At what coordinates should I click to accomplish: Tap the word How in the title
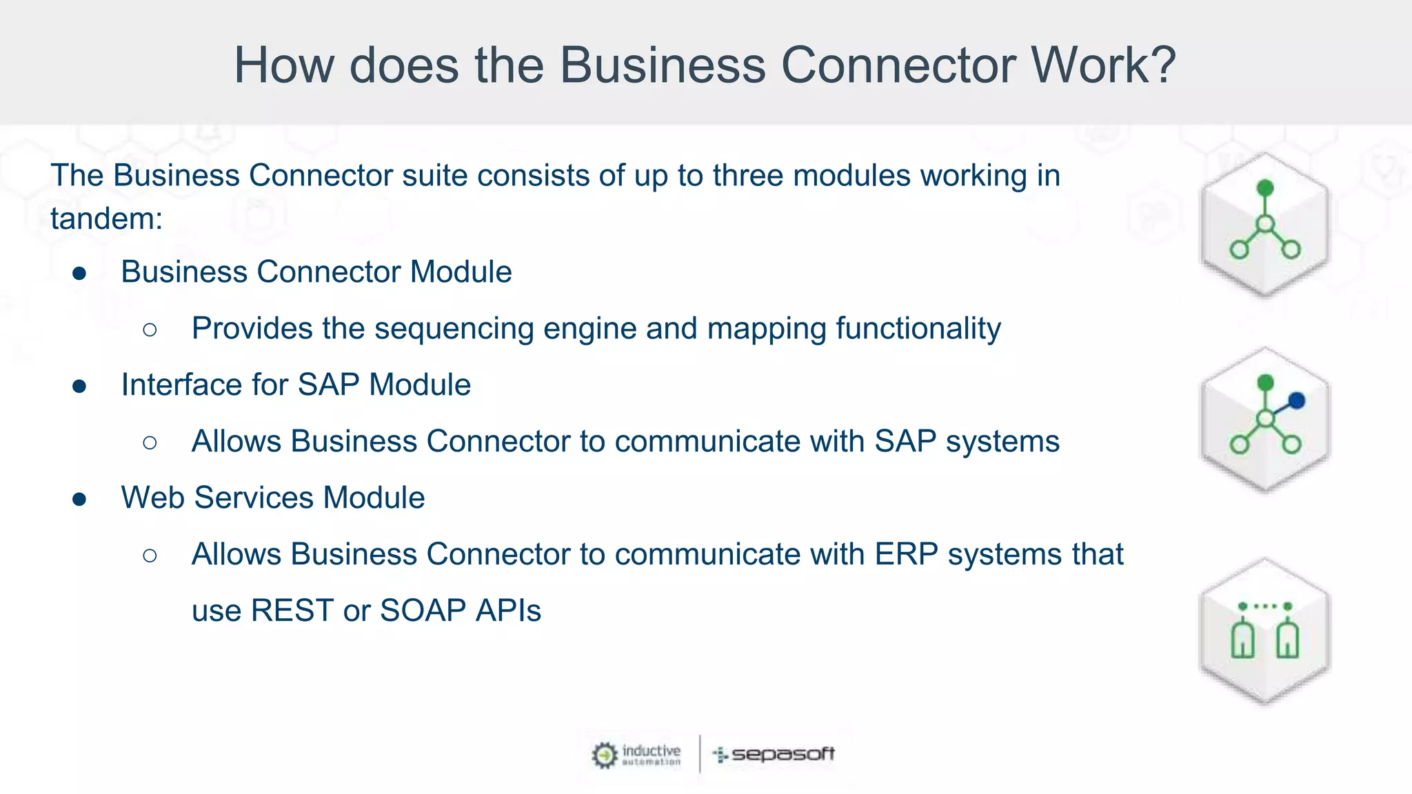coord(284,65)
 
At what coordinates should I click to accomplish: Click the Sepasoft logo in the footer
coord(774,754)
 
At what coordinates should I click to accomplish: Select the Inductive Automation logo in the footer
coord(636,754)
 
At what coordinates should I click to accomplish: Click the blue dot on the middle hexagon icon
coord(1296,400)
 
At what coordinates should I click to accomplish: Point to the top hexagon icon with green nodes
coord(1264,225)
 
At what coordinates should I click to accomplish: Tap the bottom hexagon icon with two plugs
coord(1264,631)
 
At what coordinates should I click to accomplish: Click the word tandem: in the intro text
coord(106,219)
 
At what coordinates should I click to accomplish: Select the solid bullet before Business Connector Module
coord(79,274)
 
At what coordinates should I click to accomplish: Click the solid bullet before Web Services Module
coord(79,499)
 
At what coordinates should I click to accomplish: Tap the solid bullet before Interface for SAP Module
coord(79,386)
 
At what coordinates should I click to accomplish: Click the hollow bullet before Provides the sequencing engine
coord(150,329)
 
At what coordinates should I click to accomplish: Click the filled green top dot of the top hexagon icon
coord(1265,187)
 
